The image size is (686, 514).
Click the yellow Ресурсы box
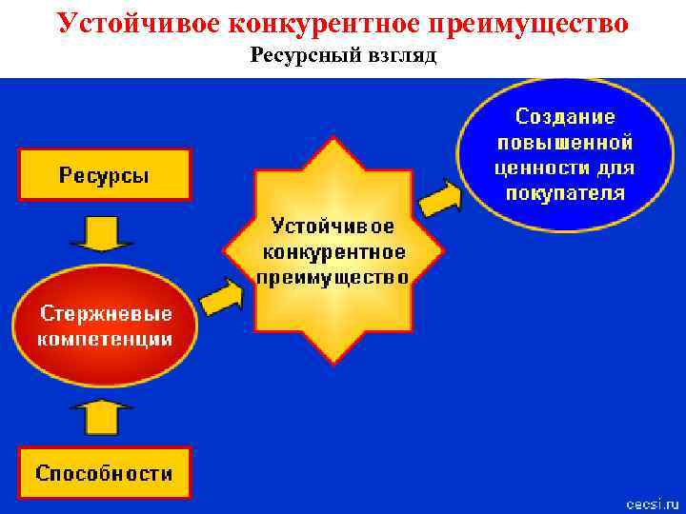[x=105, y=174]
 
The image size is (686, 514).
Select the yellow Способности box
[x=105, y=472]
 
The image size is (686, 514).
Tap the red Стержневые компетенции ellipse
[x=105, y=325]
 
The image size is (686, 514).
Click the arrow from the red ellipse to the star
[x=222, y=296]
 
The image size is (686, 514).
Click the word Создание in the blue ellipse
[x=565, y=116]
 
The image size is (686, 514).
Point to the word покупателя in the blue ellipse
[x=565, y=193]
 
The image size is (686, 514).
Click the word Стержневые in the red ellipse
[x=105, y=312]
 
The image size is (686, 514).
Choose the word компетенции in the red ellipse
[x=105, y=338]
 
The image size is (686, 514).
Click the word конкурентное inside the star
[x=333, y=252]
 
